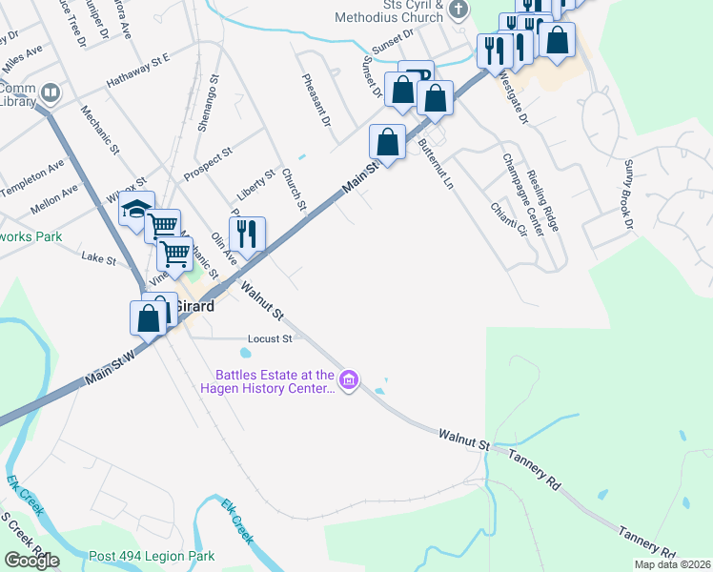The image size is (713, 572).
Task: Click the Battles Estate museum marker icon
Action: pos(349,381)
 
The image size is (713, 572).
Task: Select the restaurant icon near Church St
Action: pos(247,234)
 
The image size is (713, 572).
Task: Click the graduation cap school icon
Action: pos(137,209)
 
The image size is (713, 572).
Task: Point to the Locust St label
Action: pos(270,338)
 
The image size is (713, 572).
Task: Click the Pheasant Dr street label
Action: pos(316,101)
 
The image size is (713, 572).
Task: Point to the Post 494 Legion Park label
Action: pos(152,556)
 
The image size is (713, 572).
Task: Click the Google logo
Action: pos(31,560)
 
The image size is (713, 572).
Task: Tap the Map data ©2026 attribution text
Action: pos(671,564)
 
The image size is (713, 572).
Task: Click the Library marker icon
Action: pos(51,93)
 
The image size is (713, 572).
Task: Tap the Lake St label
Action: pos(98,258)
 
